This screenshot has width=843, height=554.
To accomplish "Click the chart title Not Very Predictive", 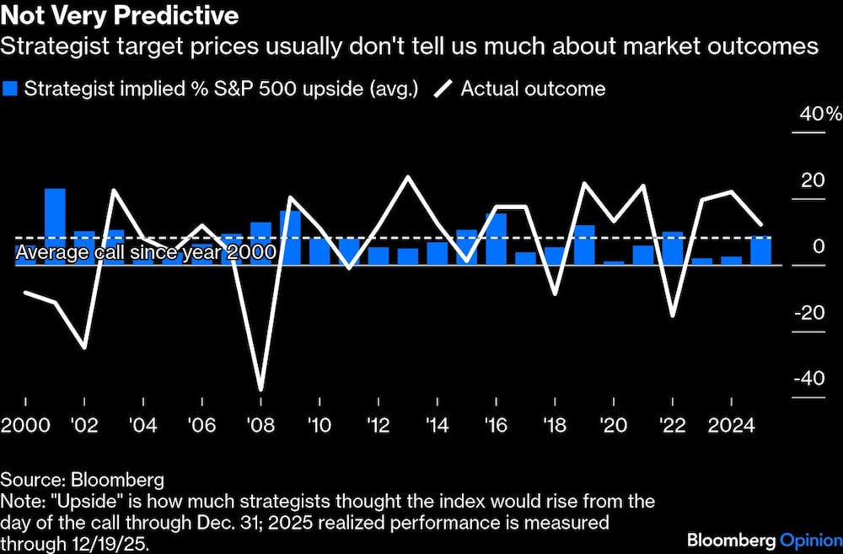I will (x=119, y=16).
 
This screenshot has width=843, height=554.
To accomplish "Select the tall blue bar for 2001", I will (x=55, y=226).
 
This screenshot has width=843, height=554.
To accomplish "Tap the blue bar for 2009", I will (x=290, y=237).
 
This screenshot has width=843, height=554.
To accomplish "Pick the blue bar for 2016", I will (x=496, y=239).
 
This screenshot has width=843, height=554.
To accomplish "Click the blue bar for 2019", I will (x=584, y=245).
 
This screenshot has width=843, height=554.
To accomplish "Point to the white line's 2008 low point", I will (x=260, y=390).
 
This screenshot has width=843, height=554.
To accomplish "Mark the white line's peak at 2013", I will (x=408, y=177).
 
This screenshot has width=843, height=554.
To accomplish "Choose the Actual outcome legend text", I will (x=533, y=89).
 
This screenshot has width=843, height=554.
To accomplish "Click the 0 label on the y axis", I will (x=819, y=246).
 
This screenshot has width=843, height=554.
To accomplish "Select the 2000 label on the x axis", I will (x=25, y=425).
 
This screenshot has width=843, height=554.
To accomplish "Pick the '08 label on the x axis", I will (x=260, y=425).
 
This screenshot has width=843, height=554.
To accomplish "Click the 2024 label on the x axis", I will (x=731, y=425).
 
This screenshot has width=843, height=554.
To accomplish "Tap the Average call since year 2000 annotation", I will (x=146, y=252).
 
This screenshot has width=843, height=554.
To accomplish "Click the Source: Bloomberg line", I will (x=82, y=481).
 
